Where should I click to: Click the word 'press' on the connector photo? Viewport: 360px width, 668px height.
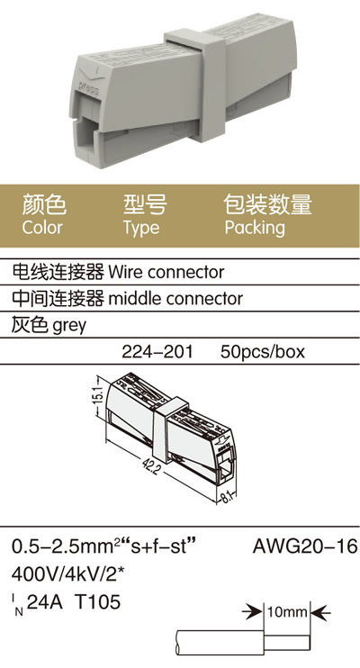pos(89,87)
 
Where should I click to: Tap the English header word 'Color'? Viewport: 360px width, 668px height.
pos(42,227)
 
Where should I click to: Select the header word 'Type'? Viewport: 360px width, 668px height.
pos(141,229)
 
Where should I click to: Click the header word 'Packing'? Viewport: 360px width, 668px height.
pos(255,228)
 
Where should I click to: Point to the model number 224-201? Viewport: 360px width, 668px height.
pos(157,352)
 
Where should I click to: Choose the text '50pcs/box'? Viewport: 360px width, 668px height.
pos(263,352)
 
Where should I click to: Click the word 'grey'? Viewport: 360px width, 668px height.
pos(69,326)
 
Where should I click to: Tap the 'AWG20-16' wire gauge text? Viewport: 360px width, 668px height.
pos(305,546)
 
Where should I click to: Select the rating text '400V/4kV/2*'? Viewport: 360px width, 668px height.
pos(67,574)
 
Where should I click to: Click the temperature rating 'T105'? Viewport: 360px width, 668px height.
pos(97,602)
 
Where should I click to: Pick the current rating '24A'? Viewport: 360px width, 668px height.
pos(44,602)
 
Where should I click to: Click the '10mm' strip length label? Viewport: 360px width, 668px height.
pos(287,612)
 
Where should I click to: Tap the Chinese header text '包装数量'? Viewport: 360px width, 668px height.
pos(268,204)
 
